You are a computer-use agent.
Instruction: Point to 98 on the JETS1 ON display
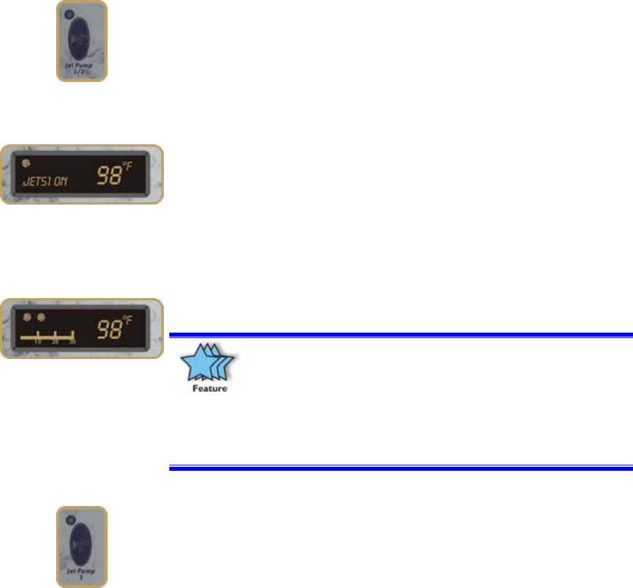[x=108, y=178]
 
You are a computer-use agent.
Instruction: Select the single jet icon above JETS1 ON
[x=25, y=163]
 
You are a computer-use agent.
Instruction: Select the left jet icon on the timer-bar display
[x=27, y=316]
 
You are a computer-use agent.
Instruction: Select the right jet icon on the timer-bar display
[x=41, y=316]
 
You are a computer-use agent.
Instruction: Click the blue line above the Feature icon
[x=399, y=335]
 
